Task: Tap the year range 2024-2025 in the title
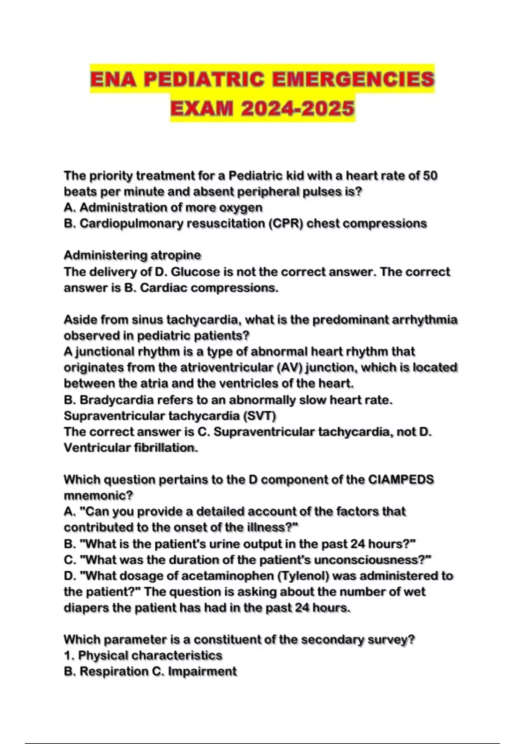point(297,108)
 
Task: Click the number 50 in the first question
point(430,176)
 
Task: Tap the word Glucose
point(195,272)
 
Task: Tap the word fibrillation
point(165,448)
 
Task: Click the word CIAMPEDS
point(401,480)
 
